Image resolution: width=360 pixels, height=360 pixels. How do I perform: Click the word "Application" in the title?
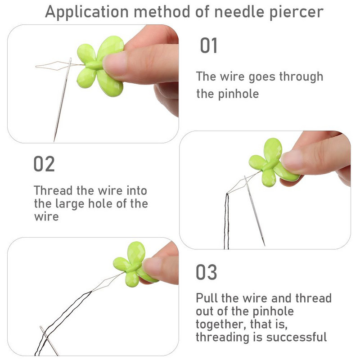pyautogui.click(x=87, y=12)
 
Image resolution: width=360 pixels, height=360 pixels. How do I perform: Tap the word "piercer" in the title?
pyautogui.click(x=297, y=12)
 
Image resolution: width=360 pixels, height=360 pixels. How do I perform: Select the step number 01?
pyautogui.click(x=208, y=45)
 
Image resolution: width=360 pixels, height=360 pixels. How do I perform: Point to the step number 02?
pyautogui.click(x=44, y=164)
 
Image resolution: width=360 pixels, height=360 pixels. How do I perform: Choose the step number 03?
pyautogui.click(x=206, y=272)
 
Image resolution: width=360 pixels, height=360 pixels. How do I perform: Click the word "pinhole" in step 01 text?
pyautogui.click(x=238, y=94)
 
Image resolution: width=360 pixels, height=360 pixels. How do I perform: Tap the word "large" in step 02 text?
pyautogui.click(x=70, y=204)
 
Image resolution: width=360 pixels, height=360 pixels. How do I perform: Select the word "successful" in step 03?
pyautogui.click(x=297, y=337)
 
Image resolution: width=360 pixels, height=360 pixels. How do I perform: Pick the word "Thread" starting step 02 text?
pyautogui.click(x=54, y=190)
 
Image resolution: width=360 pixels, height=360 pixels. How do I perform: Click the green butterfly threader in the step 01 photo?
pyautogui.click(x=100, y=66)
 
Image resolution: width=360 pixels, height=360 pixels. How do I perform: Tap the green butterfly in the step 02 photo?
pyautogui.click(x=273, y=162)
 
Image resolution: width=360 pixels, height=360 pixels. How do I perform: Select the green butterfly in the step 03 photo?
pyautogui.click(x=135, y=264)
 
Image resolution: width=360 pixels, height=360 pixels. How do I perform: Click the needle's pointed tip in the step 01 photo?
pyautogui.click(x=54, y=141)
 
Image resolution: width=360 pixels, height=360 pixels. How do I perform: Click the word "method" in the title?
pyautogui.click(x=162, y=12)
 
